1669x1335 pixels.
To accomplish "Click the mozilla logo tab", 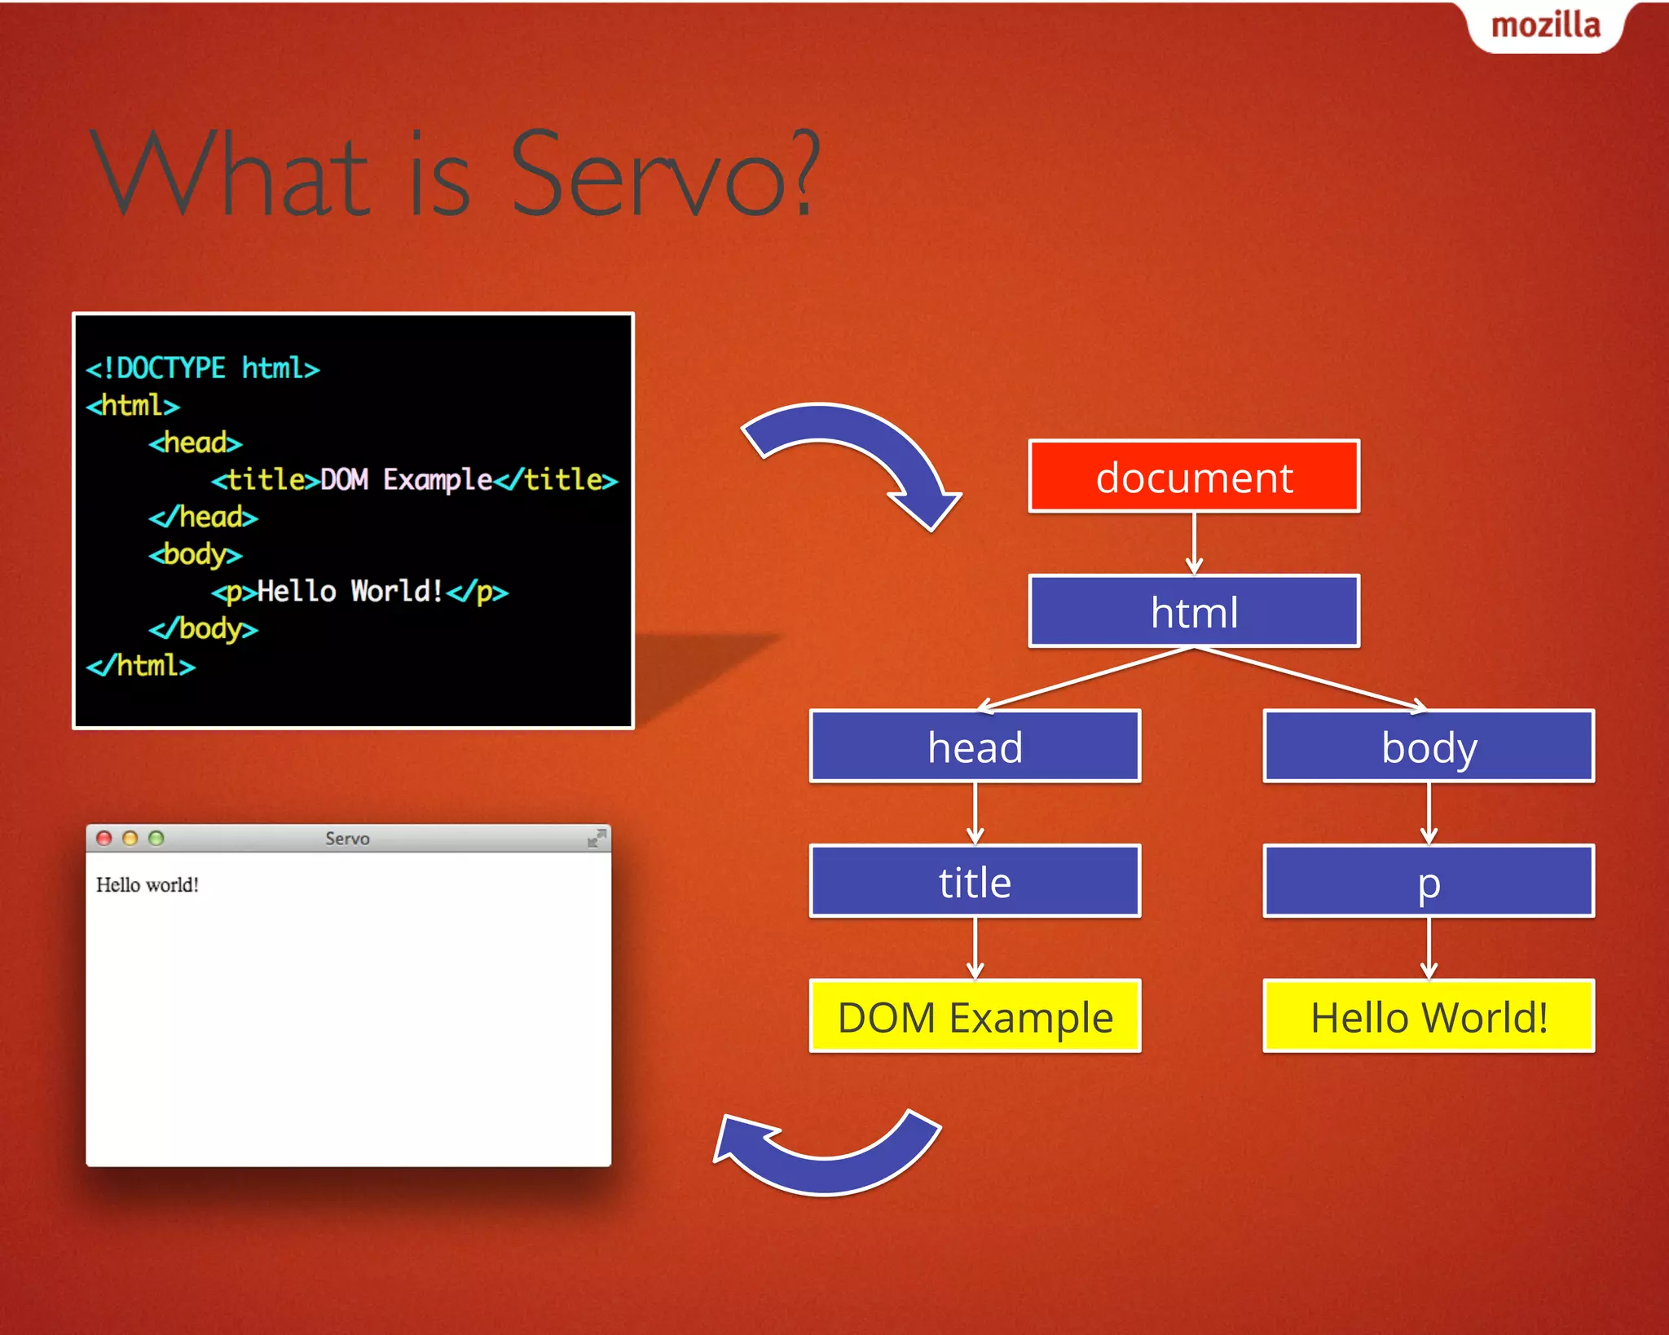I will click(1545, 26).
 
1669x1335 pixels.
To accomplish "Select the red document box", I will click(1194, 477).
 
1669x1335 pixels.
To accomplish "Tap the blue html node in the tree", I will click(1194, 611).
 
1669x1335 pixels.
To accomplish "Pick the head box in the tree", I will click(975, 747).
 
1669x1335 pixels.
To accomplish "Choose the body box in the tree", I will click(1429, 747).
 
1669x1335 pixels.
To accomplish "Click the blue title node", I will click(975, 882).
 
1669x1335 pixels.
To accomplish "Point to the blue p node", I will click(1429, 882).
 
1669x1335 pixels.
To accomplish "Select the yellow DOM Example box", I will click(975, 1017).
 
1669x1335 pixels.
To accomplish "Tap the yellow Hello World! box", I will click(1429, 1017).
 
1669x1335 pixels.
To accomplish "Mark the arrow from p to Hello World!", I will click(1429, 948).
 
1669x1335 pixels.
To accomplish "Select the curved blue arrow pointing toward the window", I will click(823, 1157).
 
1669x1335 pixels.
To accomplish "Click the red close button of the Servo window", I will click(103, 838).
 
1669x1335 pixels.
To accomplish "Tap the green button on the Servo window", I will click(156, 838).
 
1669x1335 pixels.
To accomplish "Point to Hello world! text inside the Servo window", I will click(148, 885).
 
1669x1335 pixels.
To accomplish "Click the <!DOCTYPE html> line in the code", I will click(203, 368).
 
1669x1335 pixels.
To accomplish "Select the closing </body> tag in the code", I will click(203, 629).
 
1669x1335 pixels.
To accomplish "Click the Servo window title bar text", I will click(347, 839).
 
